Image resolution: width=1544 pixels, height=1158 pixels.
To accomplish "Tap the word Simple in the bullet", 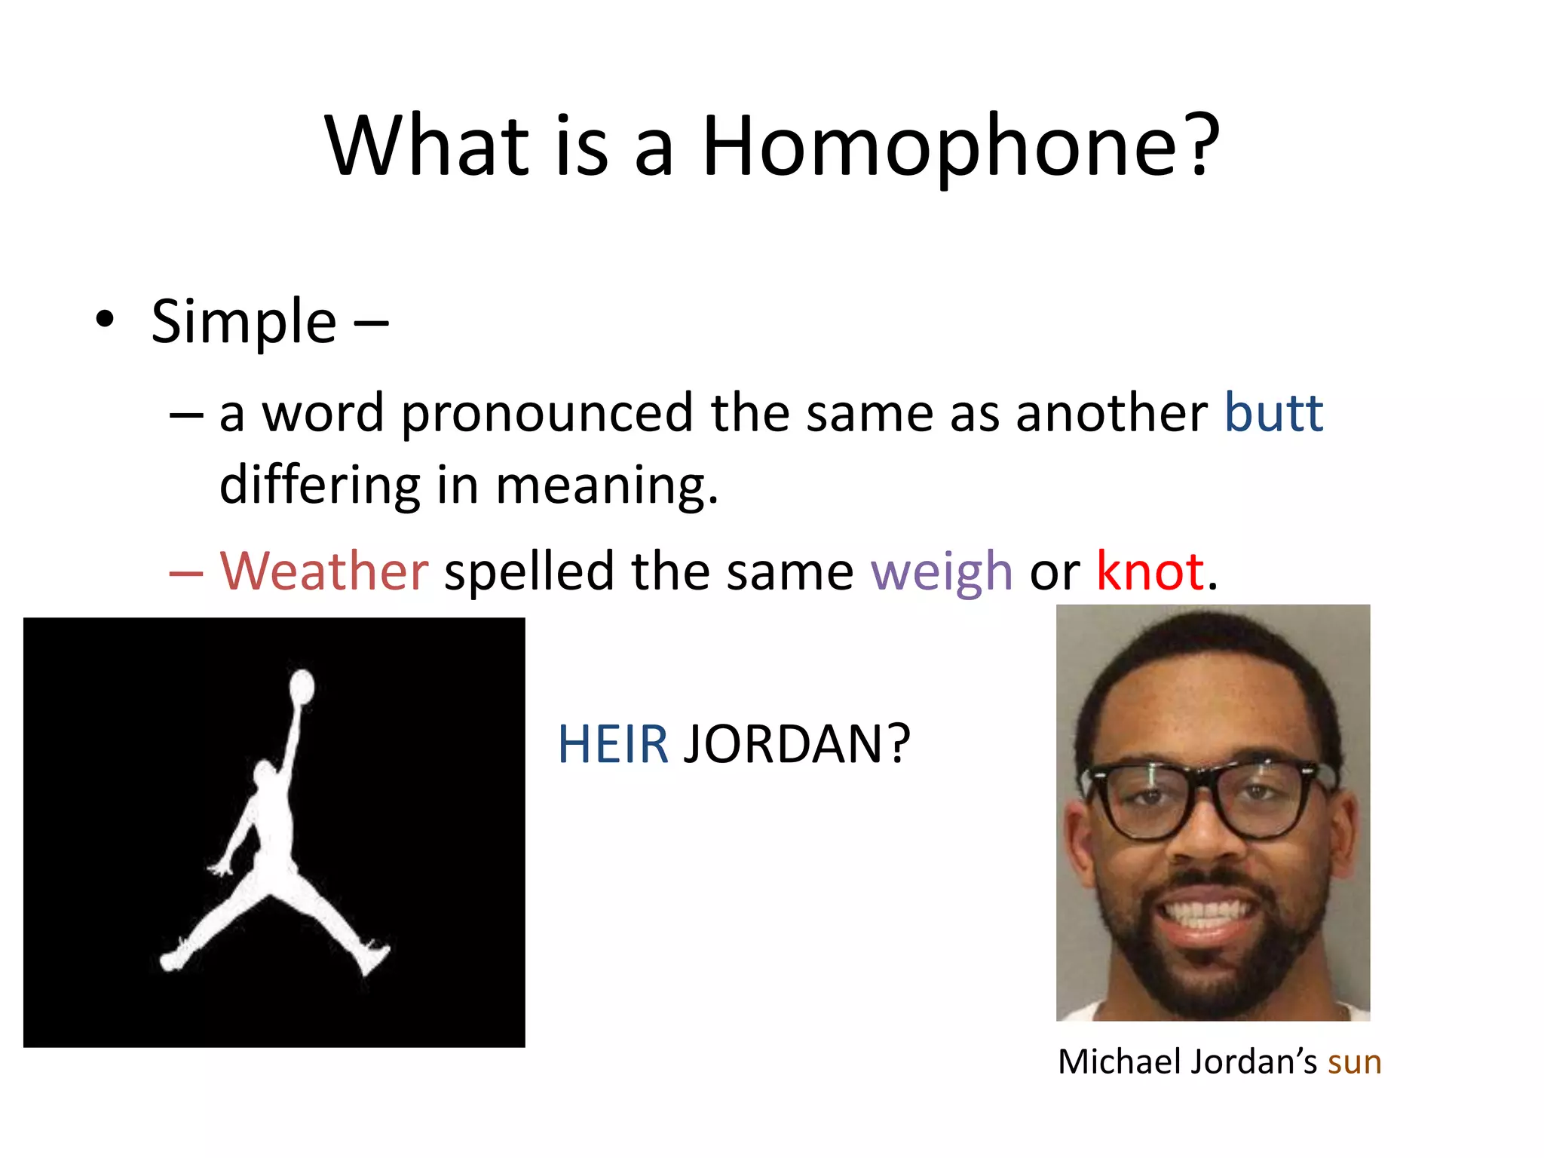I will [x=244, y=322].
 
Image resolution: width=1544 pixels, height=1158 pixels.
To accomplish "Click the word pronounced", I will [x=547, y=414].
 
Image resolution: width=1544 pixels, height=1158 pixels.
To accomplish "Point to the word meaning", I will [x=606, y=485].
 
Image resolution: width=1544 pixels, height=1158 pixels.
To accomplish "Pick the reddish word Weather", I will [x=324, y=571].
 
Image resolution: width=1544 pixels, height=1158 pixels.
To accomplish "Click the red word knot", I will [x=1150, y=571].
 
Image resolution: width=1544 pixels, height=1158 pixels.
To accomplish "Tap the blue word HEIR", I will [x=612, y=744].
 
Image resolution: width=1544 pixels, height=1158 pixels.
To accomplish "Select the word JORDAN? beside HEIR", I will [x=796, y=744].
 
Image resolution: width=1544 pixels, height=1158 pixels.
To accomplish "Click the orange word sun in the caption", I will [x=1354, y=1061].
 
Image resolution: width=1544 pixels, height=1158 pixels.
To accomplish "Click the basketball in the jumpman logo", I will [x=302, y=686].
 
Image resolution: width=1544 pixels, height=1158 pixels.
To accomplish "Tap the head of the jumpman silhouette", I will [x=265, y=774].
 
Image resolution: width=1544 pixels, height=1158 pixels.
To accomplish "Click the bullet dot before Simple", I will [x=105, y=320].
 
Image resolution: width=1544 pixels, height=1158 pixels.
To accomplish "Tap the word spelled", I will [x=529, y=571].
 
